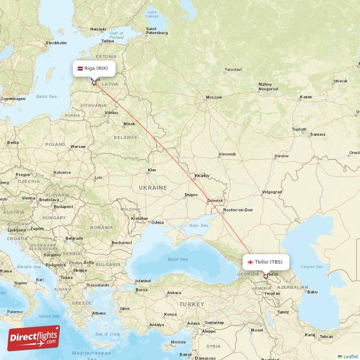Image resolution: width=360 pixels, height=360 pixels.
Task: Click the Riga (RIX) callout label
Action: pos(94,68)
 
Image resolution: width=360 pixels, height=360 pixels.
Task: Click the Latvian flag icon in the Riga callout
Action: pos(81,68)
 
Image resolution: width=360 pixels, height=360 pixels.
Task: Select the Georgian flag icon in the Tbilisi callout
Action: pos(250,261)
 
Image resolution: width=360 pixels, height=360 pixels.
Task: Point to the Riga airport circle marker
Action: pos(94,83)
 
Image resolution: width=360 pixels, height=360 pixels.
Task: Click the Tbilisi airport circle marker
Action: pos(265,276)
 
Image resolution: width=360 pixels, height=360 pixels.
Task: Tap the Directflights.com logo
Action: pos(33,338)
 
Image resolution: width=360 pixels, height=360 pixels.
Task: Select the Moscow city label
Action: pos(213,97)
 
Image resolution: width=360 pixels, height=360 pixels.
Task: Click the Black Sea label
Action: pos(177,259)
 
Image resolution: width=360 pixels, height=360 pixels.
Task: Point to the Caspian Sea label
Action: pos(312,267)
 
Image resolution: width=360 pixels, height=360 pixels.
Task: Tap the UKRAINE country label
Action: pos(153,188)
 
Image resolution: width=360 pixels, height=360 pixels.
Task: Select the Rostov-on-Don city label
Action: pos(238,210)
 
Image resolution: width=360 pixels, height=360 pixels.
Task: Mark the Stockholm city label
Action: pos(56,43)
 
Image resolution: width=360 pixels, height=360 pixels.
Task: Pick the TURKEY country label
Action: pos(192,305)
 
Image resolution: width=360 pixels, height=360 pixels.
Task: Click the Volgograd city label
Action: pos(271,192)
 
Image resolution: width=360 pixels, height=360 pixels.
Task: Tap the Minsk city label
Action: pos(129,124)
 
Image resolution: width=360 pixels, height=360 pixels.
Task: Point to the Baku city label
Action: pos(312,292)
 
